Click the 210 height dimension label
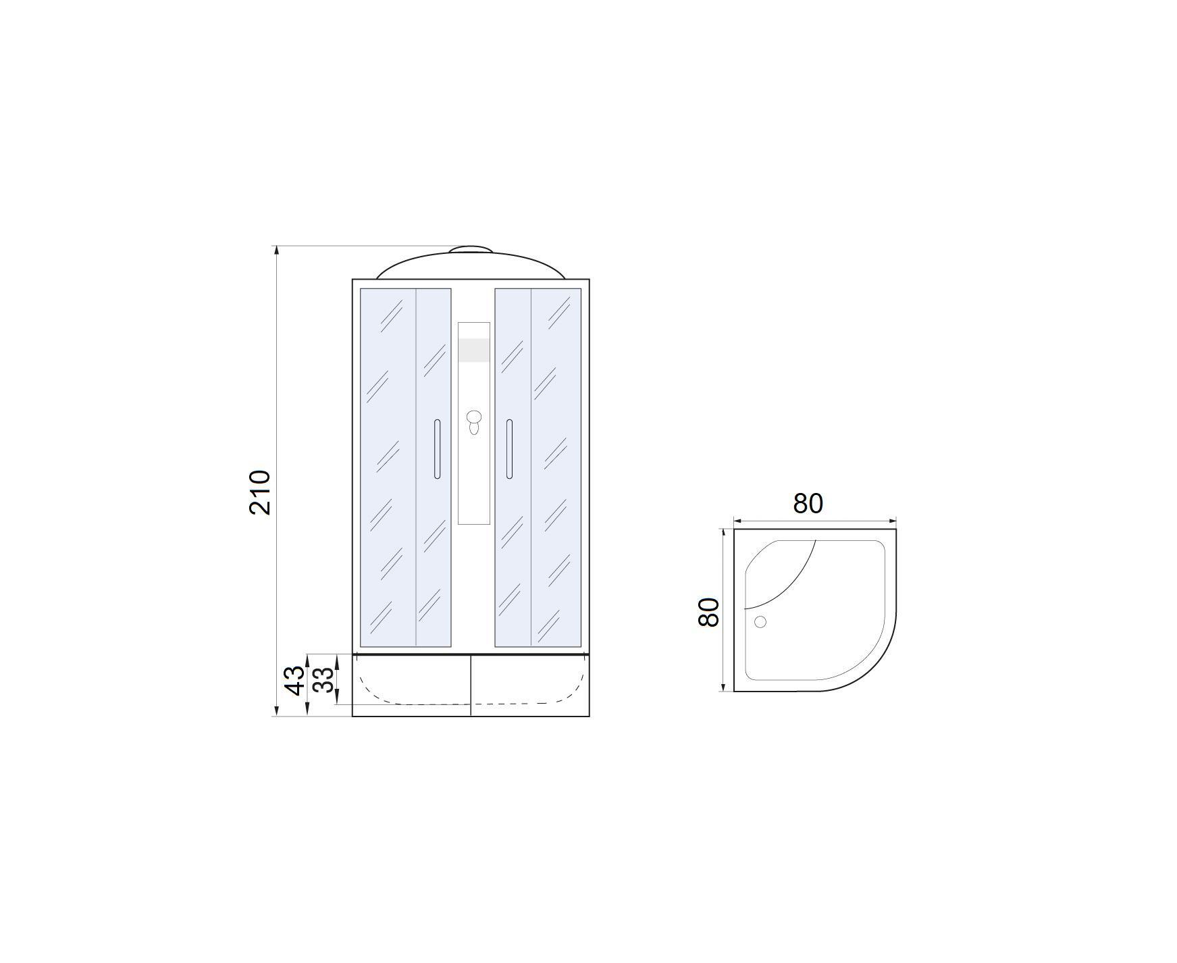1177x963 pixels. coord(260,492)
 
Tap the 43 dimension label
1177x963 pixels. coord(295,680)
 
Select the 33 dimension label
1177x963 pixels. coord(324,680)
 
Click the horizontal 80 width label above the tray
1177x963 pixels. coord(808,503)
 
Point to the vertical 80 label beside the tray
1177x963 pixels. coord(708,613)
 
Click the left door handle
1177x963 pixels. coord(437,449)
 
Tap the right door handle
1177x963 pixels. coord(509,449)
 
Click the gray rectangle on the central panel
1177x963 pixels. coord(473,349)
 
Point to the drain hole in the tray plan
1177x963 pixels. coord(760,622)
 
